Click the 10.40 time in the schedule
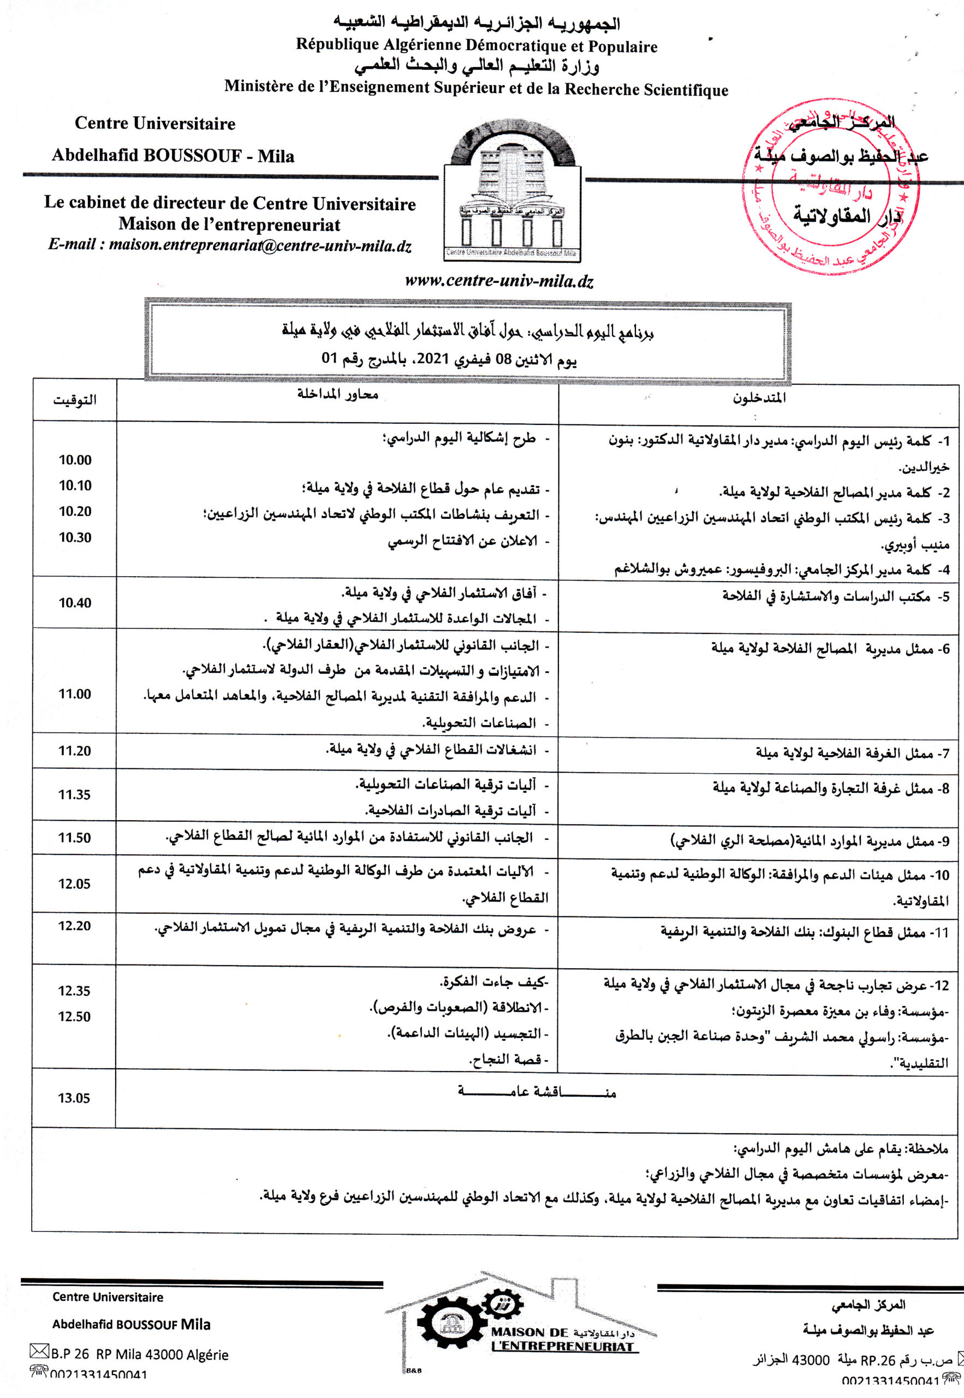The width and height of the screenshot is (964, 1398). [x=75, y=602]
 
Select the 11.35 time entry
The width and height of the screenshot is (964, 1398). [x=74, y=795]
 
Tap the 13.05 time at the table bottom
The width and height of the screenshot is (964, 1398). [x=74, y=1098]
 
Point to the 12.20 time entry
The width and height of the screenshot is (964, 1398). [x=74, y=926]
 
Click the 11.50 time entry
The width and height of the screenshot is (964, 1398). [x=74, y=837]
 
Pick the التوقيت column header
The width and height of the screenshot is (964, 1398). [x=75, y=400]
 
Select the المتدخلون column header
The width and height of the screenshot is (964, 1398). [x=759, y=398]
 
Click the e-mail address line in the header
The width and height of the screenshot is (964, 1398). [x=229, y=245]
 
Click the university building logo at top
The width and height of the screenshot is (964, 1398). [x=512, y=190]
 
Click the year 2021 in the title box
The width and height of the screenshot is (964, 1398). [x=433, y=359]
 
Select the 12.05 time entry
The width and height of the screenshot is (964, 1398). [x=74, y=884]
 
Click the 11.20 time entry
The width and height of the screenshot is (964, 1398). [x=74, y=751]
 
